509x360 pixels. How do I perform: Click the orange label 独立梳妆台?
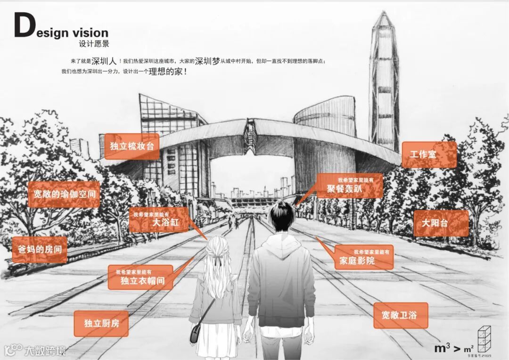131,146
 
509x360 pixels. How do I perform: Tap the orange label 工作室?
429,155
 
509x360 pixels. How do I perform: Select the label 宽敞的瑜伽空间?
64,194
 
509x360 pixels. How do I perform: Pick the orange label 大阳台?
441,223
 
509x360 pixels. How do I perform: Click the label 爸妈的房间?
40,250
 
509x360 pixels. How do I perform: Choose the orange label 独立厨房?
101,323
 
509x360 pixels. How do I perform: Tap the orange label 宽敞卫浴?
401,315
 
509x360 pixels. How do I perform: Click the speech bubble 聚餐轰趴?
349,186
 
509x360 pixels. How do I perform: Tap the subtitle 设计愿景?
94,44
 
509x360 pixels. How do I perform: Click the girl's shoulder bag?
197,332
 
